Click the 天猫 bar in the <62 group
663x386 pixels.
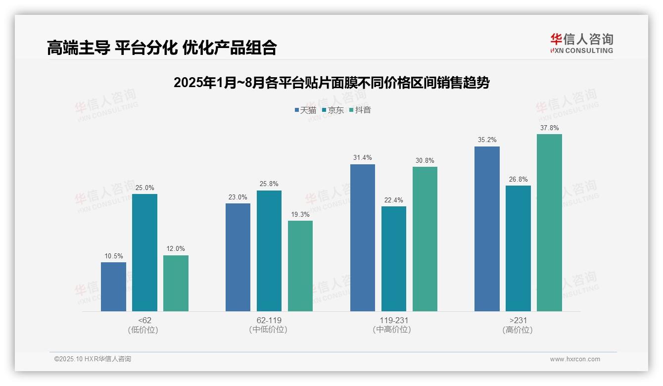pyautogui.click(x=113, y=287)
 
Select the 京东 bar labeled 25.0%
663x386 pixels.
pyautogui.click(x=144, y=252)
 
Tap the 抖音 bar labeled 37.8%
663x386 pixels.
pyautogui.click(x=549, y=223)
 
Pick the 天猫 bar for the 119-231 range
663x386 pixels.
pyautogui.click(x=363, y=238)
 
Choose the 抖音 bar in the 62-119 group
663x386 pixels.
pyautogui.click(x=300, y=266)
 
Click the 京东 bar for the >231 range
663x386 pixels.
pyautogui.click(x=518, y=248)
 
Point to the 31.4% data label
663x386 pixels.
pyautogui.click(x=363, y=158)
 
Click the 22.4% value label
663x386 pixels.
pyautogui.click(x=394, y=200)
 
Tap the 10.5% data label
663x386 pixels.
pyautogui.click(x=113, y=256)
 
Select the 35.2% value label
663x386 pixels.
pyautogui.click(x=487, y=140)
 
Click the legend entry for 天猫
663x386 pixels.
pyautogui.click(x=305, y=110)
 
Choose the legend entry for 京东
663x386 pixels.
pyautogui.click(x=332, y=110)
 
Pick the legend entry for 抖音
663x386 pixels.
pyautogui.click(x=360, y=110)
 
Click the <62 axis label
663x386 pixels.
pyautogui.click(x=144, y=320)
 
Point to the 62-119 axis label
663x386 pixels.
pyautogui.click(x=269, y=320)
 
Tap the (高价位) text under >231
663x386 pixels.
pyautogui.click(x=518, y=330)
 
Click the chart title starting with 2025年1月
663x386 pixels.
pyautogui.click(x=331, y=83)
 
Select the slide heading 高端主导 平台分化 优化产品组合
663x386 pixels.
pyautogui.click(x=162, y=48)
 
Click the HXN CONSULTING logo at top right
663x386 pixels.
pyautogui.click(x=581, y=43)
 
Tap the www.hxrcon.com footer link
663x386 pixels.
pyautogui.click(x=575, y=359)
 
